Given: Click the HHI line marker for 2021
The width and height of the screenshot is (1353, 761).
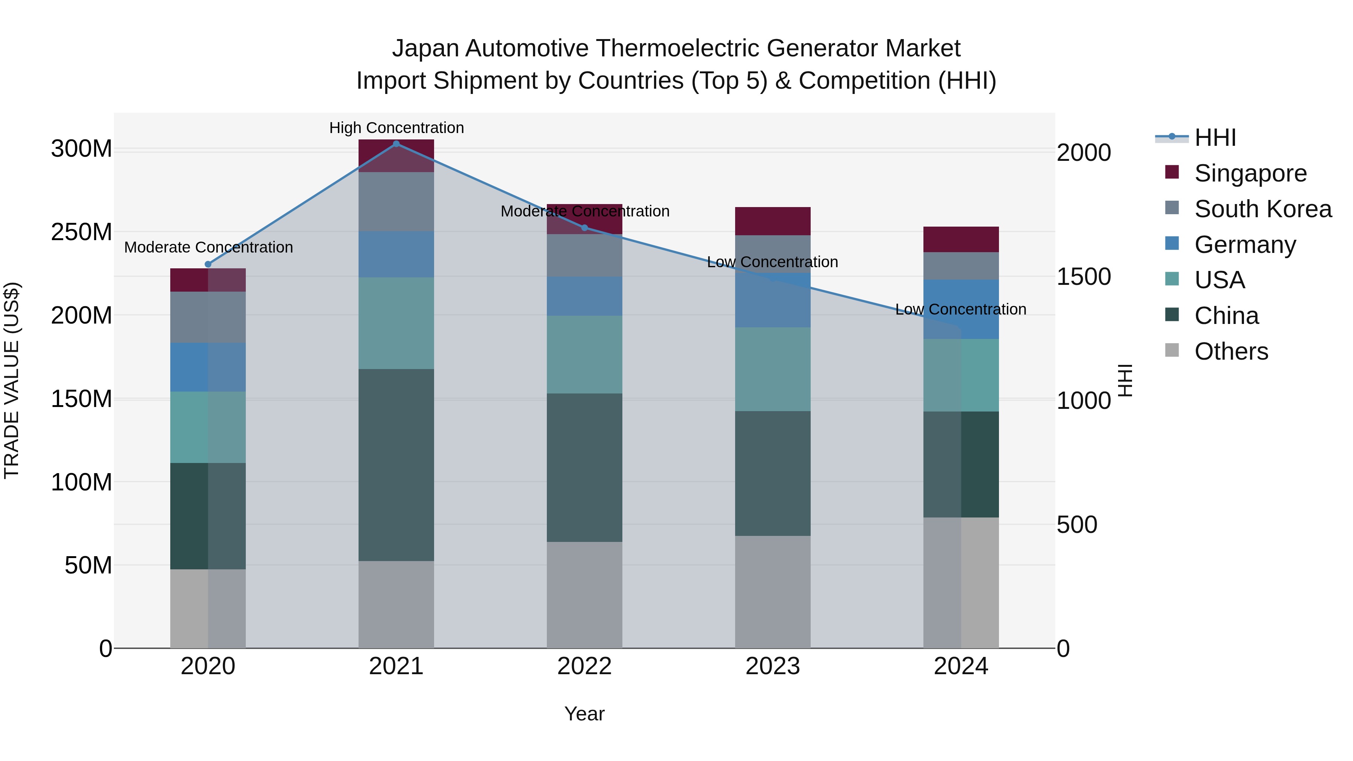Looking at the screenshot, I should coord(396,144).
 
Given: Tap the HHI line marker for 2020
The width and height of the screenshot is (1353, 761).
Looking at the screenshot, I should coord(207,264).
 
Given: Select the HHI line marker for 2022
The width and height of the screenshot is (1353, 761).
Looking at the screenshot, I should coord(584,227).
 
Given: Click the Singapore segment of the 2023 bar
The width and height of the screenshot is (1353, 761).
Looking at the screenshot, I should coord(773,221).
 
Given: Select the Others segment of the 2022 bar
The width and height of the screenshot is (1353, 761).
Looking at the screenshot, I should coord(584,595).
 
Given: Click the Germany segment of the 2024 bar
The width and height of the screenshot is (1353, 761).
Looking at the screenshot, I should coord(961,309).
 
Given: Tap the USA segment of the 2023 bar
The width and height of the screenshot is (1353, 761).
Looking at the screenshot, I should coord(773,369).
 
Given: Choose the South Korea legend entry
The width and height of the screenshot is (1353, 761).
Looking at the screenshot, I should coord(1263,209).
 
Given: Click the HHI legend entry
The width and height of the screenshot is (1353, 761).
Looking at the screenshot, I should coord(1215,138).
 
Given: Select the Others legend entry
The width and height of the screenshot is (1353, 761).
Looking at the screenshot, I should coord(1231,351).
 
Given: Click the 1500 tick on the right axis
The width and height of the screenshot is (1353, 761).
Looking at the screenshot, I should coord(1084,277).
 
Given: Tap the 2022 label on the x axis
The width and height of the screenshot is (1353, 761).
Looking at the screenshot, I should coord(584,666).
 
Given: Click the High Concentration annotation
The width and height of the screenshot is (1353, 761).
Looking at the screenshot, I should coord(397,128).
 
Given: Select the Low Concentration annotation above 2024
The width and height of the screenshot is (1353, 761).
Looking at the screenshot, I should coord(961,309).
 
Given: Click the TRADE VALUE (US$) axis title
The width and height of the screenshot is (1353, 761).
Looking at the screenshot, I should coord(12,380).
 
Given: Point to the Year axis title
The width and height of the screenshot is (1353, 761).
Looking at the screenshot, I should coord(584,714).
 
